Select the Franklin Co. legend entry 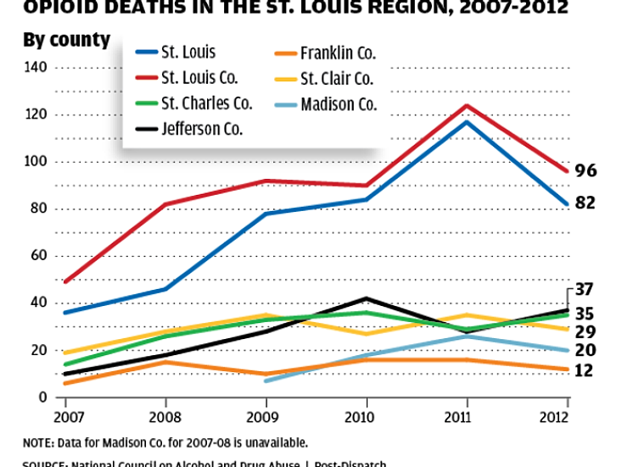(x=337, y=53)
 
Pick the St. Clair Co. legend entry (x=337, y=79)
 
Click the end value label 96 (x=586, y=171)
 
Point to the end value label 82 (x=586, y=203)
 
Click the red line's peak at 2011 (x=467, y=106)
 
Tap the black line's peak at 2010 (x=366, y=298)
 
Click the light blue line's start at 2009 (x=266, y=381)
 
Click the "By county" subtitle (x=67, y=40)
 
